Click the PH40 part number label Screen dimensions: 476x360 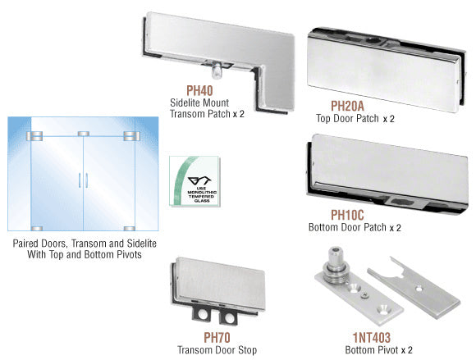click(199, 90)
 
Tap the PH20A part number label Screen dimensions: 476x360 click(347, 106)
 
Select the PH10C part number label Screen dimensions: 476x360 click(347, 215)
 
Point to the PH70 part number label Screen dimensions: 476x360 click(217, 337)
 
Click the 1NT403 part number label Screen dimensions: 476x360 click(371, 338)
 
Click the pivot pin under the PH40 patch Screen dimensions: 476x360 click(216, 71)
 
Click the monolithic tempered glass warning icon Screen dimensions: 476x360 click(195, 181)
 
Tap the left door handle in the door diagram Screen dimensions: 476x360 click(80, 180)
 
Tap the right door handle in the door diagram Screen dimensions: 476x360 click(86, 180)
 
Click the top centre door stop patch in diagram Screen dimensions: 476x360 click(84, 134)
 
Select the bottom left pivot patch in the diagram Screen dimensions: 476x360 click(37, 229)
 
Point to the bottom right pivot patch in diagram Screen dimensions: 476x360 click(130, 229)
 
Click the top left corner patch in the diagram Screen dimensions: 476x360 click(34, 136)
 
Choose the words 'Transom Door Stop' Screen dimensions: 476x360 click(217, 350)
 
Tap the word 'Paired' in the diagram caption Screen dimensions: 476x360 click(25, 244)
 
